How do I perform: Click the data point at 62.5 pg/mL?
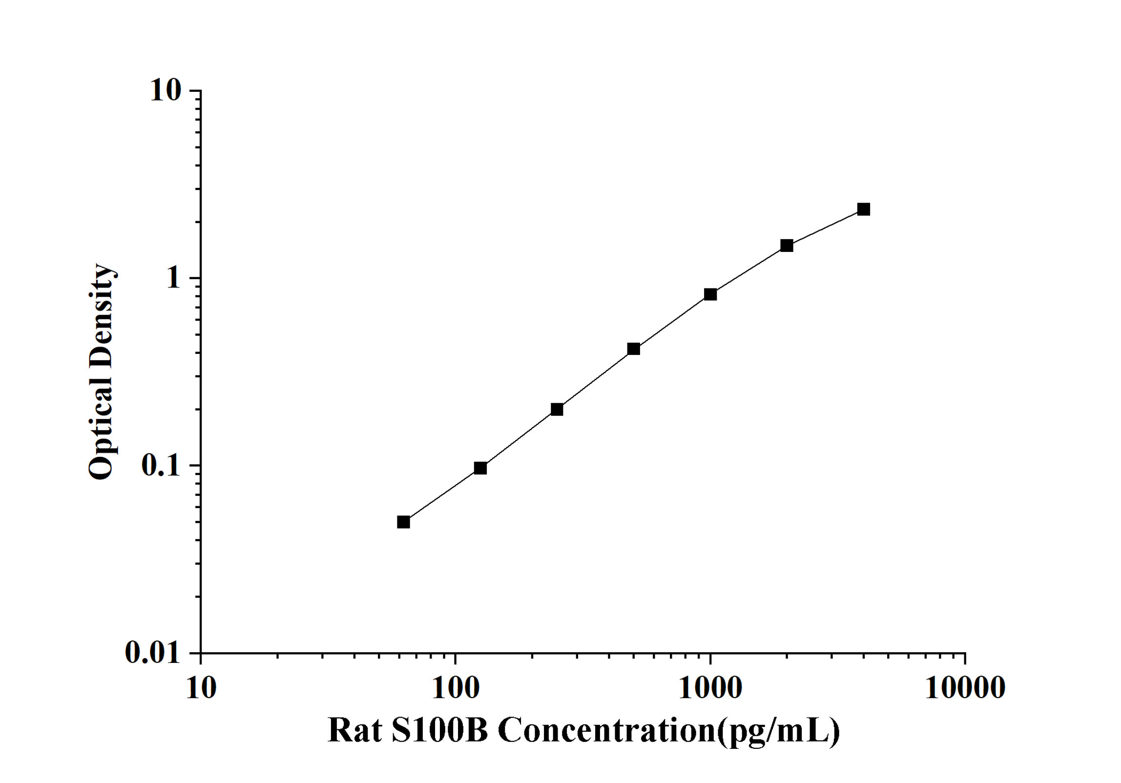click(403, 522)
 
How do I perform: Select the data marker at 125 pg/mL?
click(480, 468)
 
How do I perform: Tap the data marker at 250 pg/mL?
click(557, 409)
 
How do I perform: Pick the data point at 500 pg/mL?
click(634, 349)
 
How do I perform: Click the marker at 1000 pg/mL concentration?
click(710, 294)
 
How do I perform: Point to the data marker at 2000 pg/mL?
click(787, 246)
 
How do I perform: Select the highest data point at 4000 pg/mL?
click(864, 209)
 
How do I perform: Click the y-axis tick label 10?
click(166, 90)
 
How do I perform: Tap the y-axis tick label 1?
click(173, 278)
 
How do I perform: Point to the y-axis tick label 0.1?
click(161, 466)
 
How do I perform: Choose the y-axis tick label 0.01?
click(153, 652)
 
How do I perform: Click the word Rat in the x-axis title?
click(354, 731)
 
